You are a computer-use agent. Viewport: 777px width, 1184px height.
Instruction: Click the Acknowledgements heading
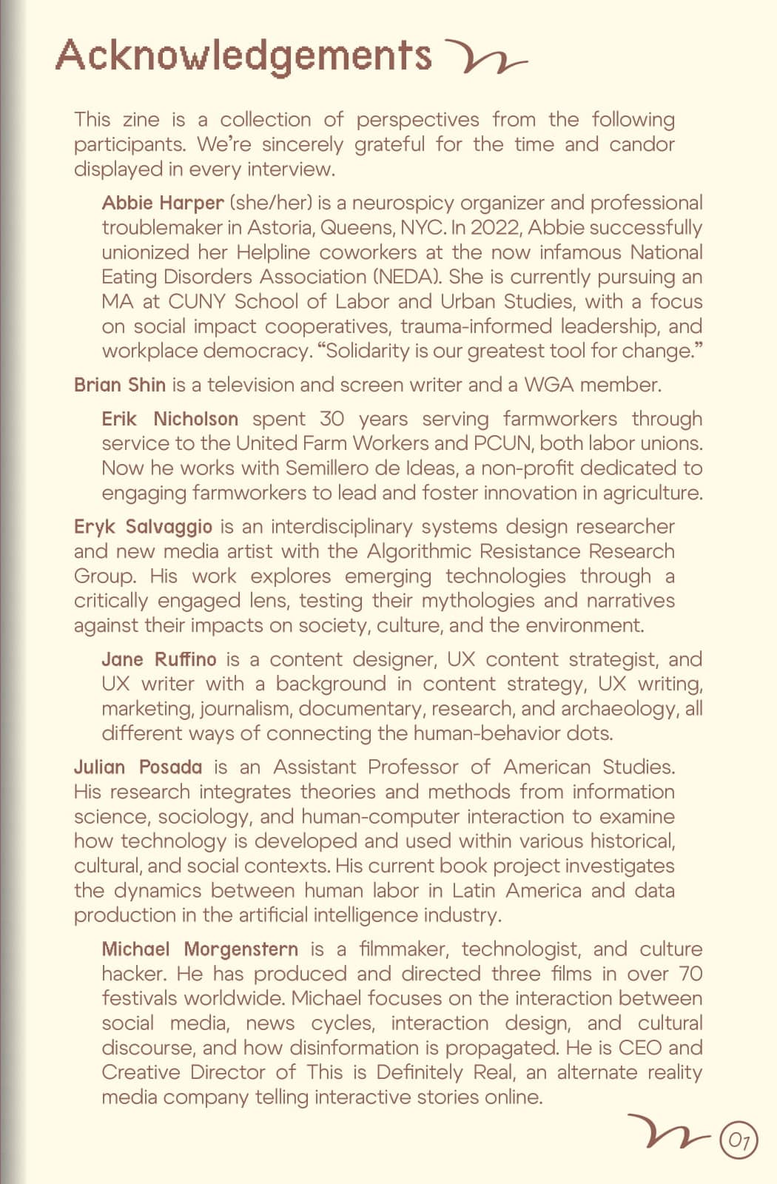click(x=243, y=56)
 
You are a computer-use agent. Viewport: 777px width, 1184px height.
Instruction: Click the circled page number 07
click(x=739, y=1140)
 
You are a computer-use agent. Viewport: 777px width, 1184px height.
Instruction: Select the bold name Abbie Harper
click(x=163, y=203)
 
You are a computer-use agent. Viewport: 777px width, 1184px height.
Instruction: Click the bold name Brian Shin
click(x=120, y=385)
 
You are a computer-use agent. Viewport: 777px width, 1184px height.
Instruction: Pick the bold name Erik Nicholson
click(x=169, y=419)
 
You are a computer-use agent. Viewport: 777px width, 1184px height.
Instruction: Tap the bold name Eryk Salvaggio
click(x=143, y=527)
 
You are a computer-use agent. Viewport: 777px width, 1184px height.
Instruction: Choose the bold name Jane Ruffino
click(x=159, y=659)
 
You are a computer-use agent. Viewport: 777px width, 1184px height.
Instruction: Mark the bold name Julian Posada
click(x=138, y=767)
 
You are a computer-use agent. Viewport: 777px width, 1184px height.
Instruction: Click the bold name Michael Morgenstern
click(x=200, y=949)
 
